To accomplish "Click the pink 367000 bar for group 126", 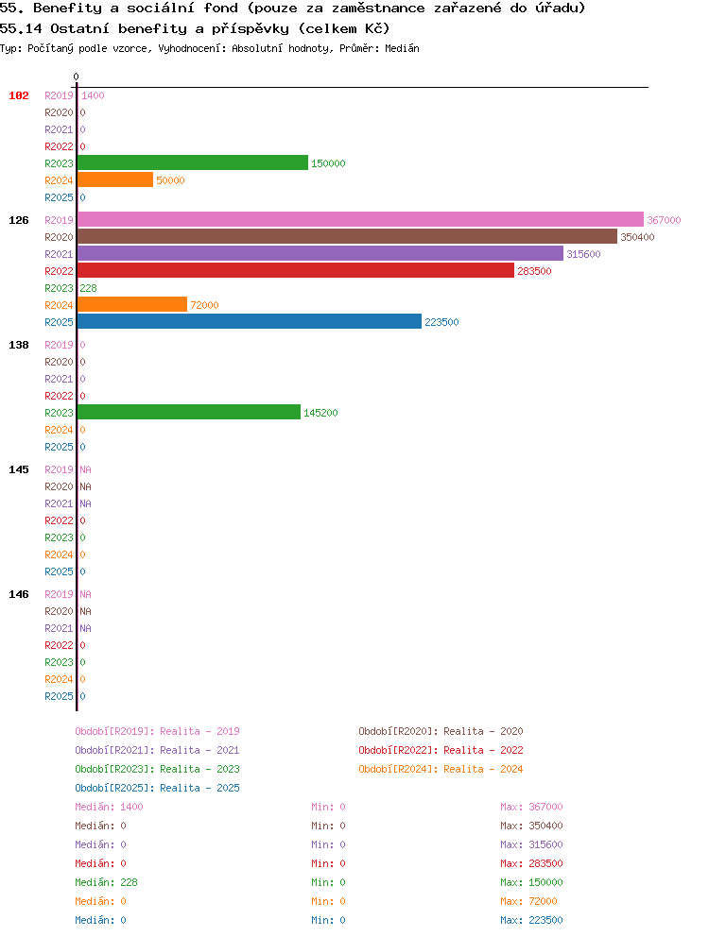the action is click(x=361, y=219).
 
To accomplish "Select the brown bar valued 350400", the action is click(x=348, y=237).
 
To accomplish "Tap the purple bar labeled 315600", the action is click(x=320, y=253).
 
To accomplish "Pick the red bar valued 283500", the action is click(x=296, y=271).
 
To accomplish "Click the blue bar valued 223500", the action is click(x=250, y=321).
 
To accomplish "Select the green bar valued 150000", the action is click(x=193, y=162).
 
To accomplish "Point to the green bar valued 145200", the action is click(x=189, y=413).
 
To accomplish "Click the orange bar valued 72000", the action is click(x=132, y=305).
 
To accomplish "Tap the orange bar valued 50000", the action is click(x=115, y=179).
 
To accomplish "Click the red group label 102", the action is click(x=19, y=95).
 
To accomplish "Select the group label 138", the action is click(x=19, y=345).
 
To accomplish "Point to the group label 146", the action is click(x=19, y=594).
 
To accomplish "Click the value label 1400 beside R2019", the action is click(x=93, y=95).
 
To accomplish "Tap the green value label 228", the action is click(x=89, y=288).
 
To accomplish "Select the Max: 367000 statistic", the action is click(x=531, y=807).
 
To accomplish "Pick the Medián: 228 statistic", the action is click(x=106, y=882).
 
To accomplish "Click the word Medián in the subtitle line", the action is click(x=402, y=48).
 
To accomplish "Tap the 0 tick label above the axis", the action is click(x=76, y=77).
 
